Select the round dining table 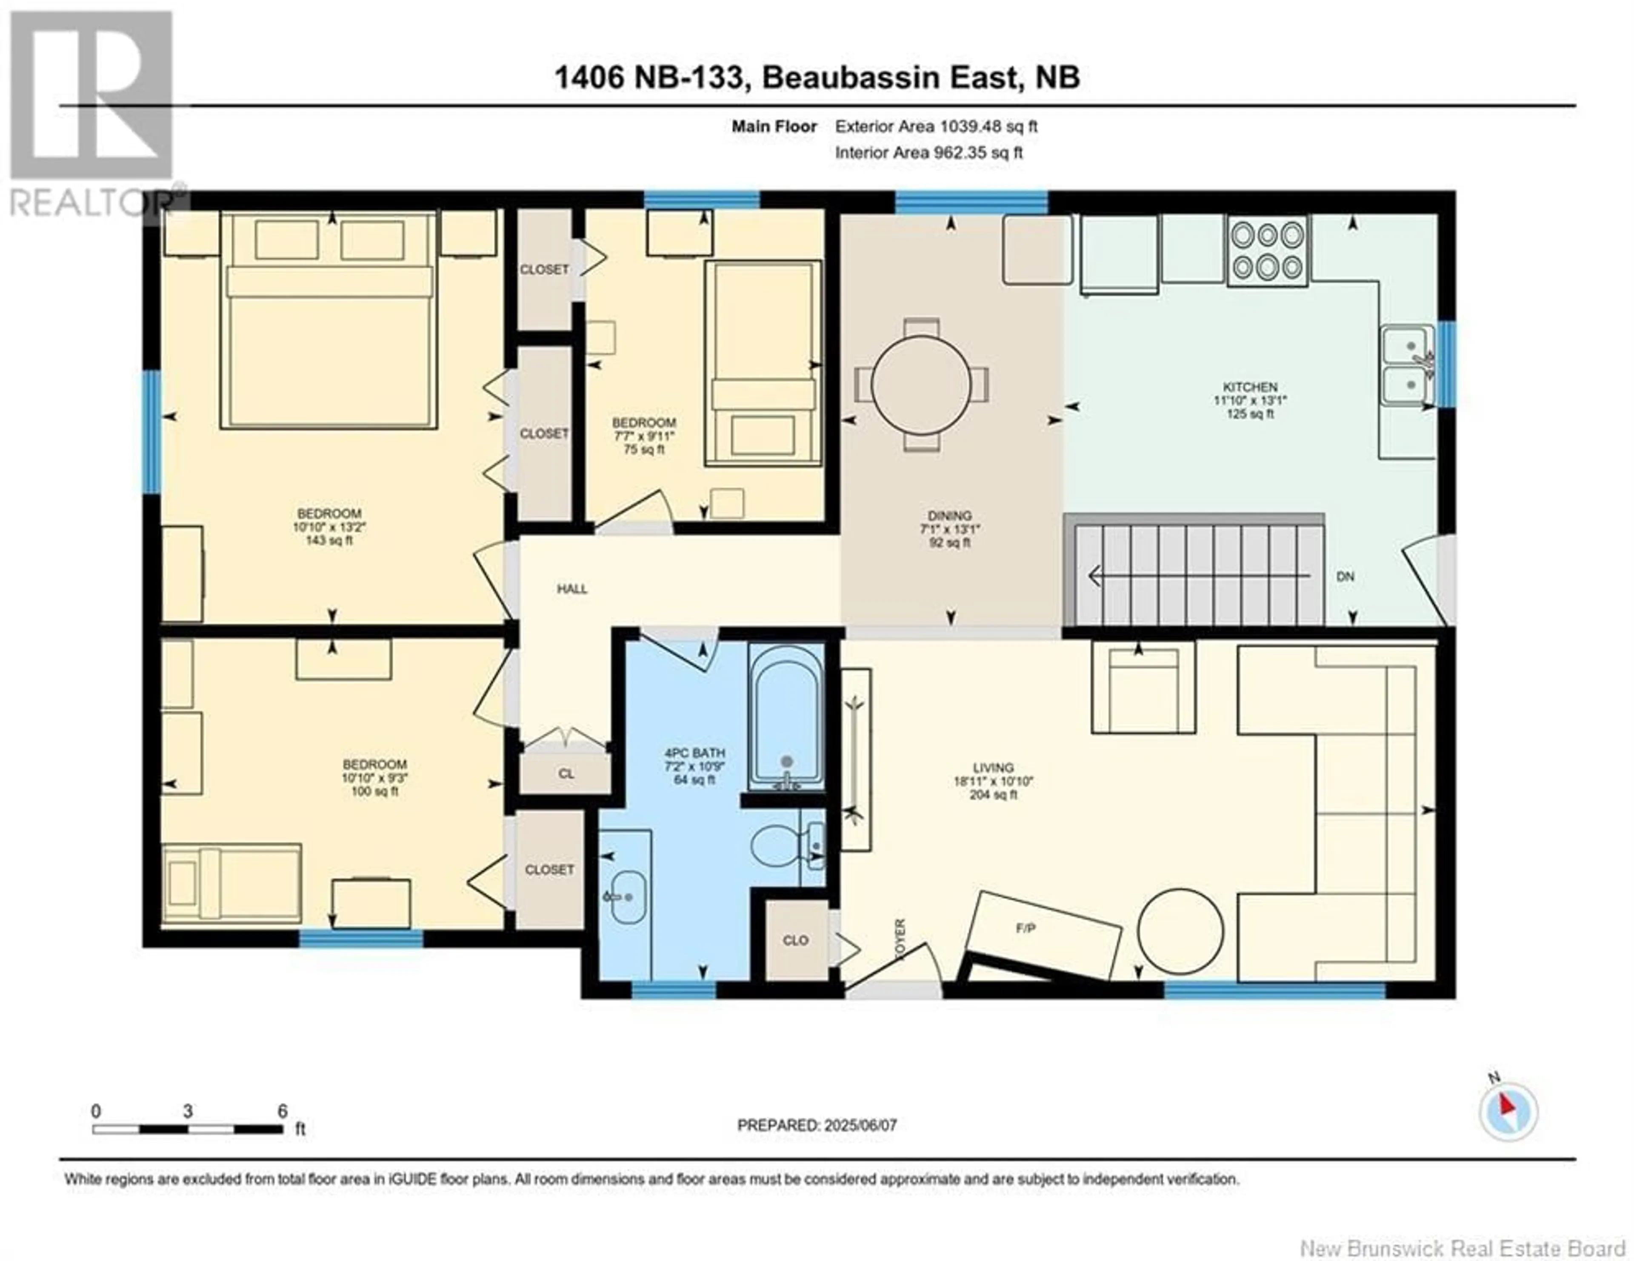(x=921, y=385)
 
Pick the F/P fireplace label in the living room (x=1026, y=928)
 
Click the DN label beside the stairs (x=1345, y=576)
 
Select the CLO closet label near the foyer (x=795, y=940)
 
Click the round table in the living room (x=1181, y=931)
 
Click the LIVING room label (x=994, y=767)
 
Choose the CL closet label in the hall (x=566, y=774)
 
